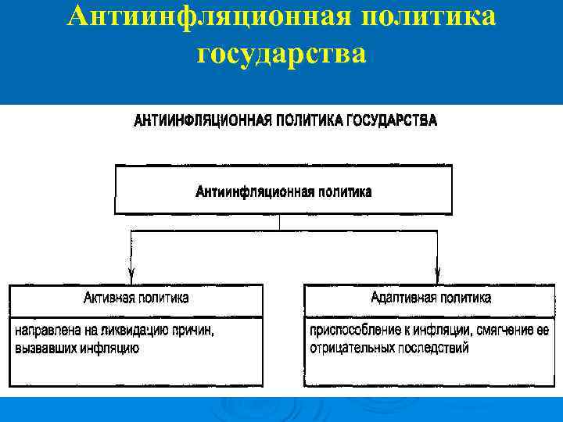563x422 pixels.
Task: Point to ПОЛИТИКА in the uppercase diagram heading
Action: click(x=308, y=121)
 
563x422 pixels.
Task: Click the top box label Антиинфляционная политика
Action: click(x=283, y=191)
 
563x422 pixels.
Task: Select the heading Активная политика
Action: click(x=136, y=298)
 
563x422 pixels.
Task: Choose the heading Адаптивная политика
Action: click(x=432, y=298)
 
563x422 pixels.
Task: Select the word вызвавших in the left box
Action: click(x=44, y=348)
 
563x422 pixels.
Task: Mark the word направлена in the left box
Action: click(x=44, y=331)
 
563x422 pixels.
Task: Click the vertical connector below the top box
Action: click(x=280, y=223)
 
